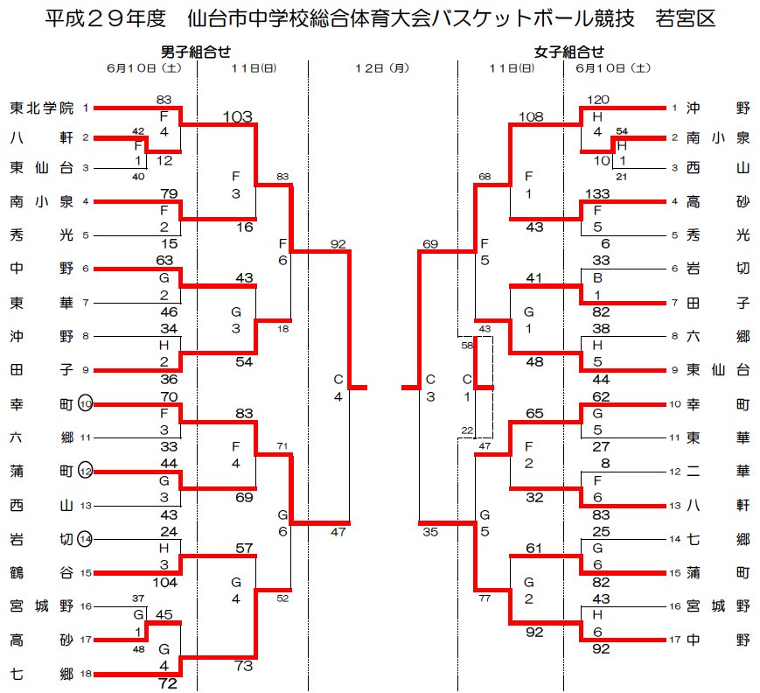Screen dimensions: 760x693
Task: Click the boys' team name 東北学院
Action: tap(42, 108)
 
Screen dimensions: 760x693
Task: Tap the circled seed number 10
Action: tap(86, 404)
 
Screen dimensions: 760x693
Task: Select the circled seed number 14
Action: tap(86, 539)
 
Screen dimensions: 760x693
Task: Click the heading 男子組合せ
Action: tap(196, 52)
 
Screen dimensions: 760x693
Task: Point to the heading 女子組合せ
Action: tap(569, 52)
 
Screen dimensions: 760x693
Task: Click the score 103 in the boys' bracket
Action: tap(238, 116)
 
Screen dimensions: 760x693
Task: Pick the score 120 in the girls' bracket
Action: tap(597, 100)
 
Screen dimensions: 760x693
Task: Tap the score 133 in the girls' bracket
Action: tap(597, 194)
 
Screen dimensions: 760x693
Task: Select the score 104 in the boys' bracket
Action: tap(164, 582)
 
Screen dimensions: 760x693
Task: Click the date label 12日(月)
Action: tap(382, 68)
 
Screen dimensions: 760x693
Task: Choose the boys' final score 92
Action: tap(338, 244)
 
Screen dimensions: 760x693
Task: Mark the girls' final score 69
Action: tap(430, 244)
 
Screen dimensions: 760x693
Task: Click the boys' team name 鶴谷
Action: tap(42, 573)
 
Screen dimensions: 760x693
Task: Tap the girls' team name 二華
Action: tap(718, 472)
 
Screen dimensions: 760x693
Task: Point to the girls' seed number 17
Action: tap(675, 640)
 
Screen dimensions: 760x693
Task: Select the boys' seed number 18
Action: tap(86, 674)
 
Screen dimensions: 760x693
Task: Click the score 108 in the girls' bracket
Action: tap(531, 116)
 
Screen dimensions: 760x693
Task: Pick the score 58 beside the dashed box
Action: tap(467, 346)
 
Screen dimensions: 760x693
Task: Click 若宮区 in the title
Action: tap(686, 19)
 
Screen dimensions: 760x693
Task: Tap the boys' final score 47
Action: tap(338, 532)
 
